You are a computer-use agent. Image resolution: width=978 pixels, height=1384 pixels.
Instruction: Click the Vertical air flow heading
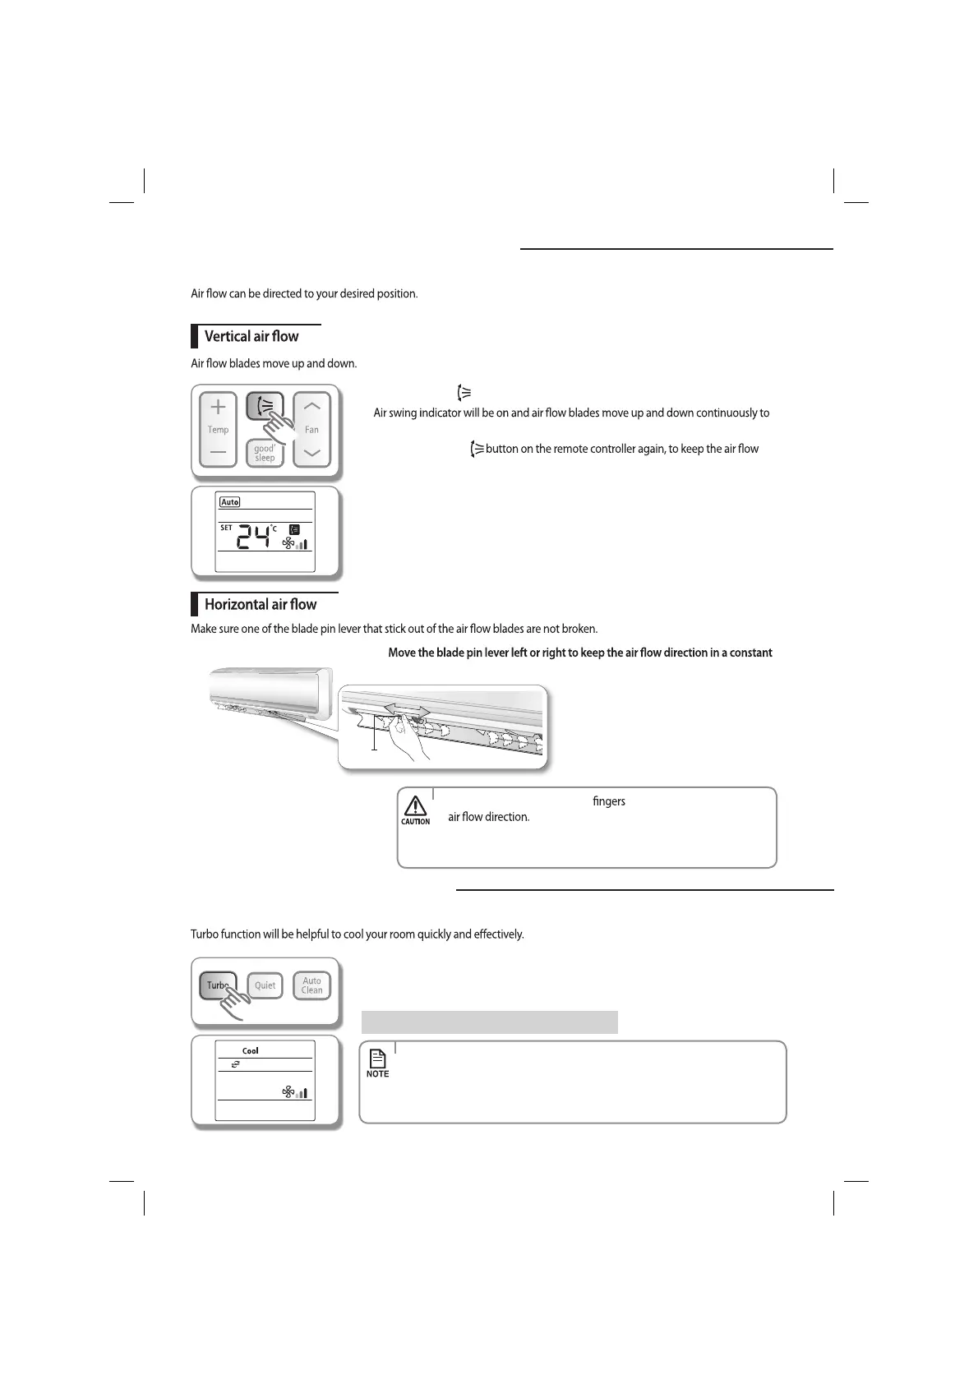point(251,336)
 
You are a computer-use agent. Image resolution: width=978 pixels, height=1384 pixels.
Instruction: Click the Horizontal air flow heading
point(260,604)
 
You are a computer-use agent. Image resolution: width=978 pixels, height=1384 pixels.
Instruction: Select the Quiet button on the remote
point(265,985)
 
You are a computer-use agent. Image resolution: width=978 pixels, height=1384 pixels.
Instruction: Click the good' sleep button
point(264,454)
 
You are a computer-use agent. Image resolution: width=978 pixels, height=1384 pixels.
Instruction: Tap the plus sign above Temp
point(218,407)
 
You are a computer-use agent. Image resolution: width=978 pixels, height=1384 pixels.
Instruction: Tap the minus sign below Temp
point(218,452)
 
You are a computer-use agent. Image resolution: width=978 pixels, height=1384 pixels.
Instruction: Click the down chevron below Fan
point(311,453)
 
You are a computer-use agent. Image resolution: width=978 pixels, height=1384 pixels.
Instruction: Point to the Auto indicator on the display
point(230,502)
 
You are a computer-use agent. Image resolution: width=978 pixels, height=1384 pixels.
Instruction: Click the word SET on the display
point(226,528)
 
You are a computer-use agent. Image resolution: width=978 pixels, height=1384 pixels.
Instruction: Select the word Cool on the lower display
point(250,1051)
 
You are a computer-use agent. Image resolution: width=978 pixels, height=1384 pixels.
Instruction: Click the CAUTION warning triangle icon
point(415,806)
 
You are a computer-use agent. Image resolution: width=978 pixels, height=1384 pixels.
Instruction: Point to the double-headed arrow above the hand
point(407,708)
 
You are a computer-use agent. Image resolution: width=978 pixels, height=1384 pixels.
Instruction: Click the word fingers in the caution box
point(608,801)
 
